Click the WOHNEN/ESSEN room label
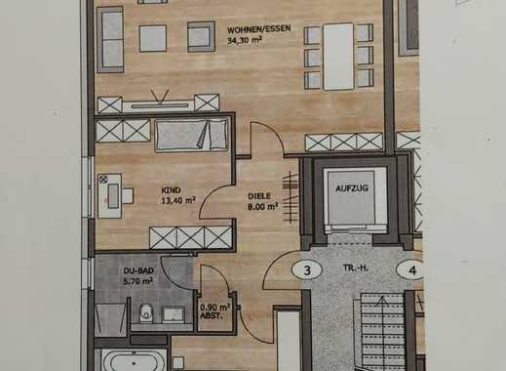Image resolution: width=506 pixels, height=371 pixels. coord(258,29)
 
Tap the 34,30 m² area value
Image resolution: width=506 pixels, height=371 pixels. coord(245,41)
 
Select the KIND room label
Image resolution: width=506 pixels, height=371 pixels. coord(171,190)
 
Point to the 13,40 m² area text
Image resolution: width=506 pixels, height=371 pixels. coord(178,200)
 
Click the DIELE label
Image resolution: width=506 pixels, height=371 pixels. coord(259,196)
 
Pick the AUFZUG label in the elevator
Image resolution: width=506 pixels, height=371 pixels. coord(352,188)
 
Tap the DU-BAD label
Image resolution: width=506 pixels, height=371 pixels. coord(138,270)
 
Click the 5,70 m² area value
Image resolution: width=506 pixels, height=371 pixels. coord(138,281)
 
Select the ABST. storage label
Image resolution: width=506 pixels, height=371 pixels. coord(211,315)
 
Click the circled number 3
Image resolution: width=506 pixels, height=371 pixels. coord(307,270)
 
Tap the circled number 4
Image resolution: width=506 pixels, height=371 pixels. coord(412,270)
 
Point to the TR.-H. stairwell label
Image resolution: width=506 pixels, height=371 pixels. coord(356,268)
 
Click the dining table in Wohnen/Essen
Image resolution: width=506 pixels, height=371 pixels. coord(338,57)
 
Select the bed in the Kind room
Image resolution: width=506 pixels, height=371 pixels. coord(191,135)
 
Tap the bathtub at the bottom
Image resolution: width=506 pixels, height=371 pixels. coord(134,360)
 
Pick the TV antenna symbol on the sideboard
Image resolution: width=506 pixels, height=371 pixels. coord(160,96)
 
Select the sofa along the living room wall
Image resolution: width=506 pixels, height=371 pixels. coord(110,39)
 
